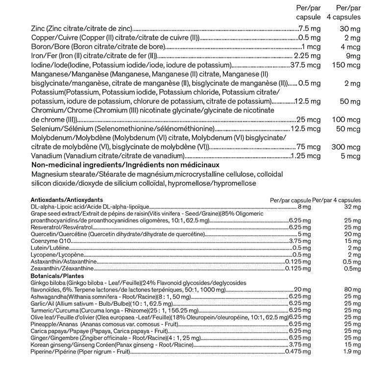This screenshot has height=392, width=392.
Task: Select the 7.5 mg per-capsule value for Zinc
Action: [x=309, y=29]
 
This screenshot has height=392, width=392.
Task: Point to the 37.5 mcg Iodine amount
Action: [x=305, y=65]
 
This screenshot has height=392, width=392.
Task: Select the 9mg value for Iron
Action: [x=352, y=56]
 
